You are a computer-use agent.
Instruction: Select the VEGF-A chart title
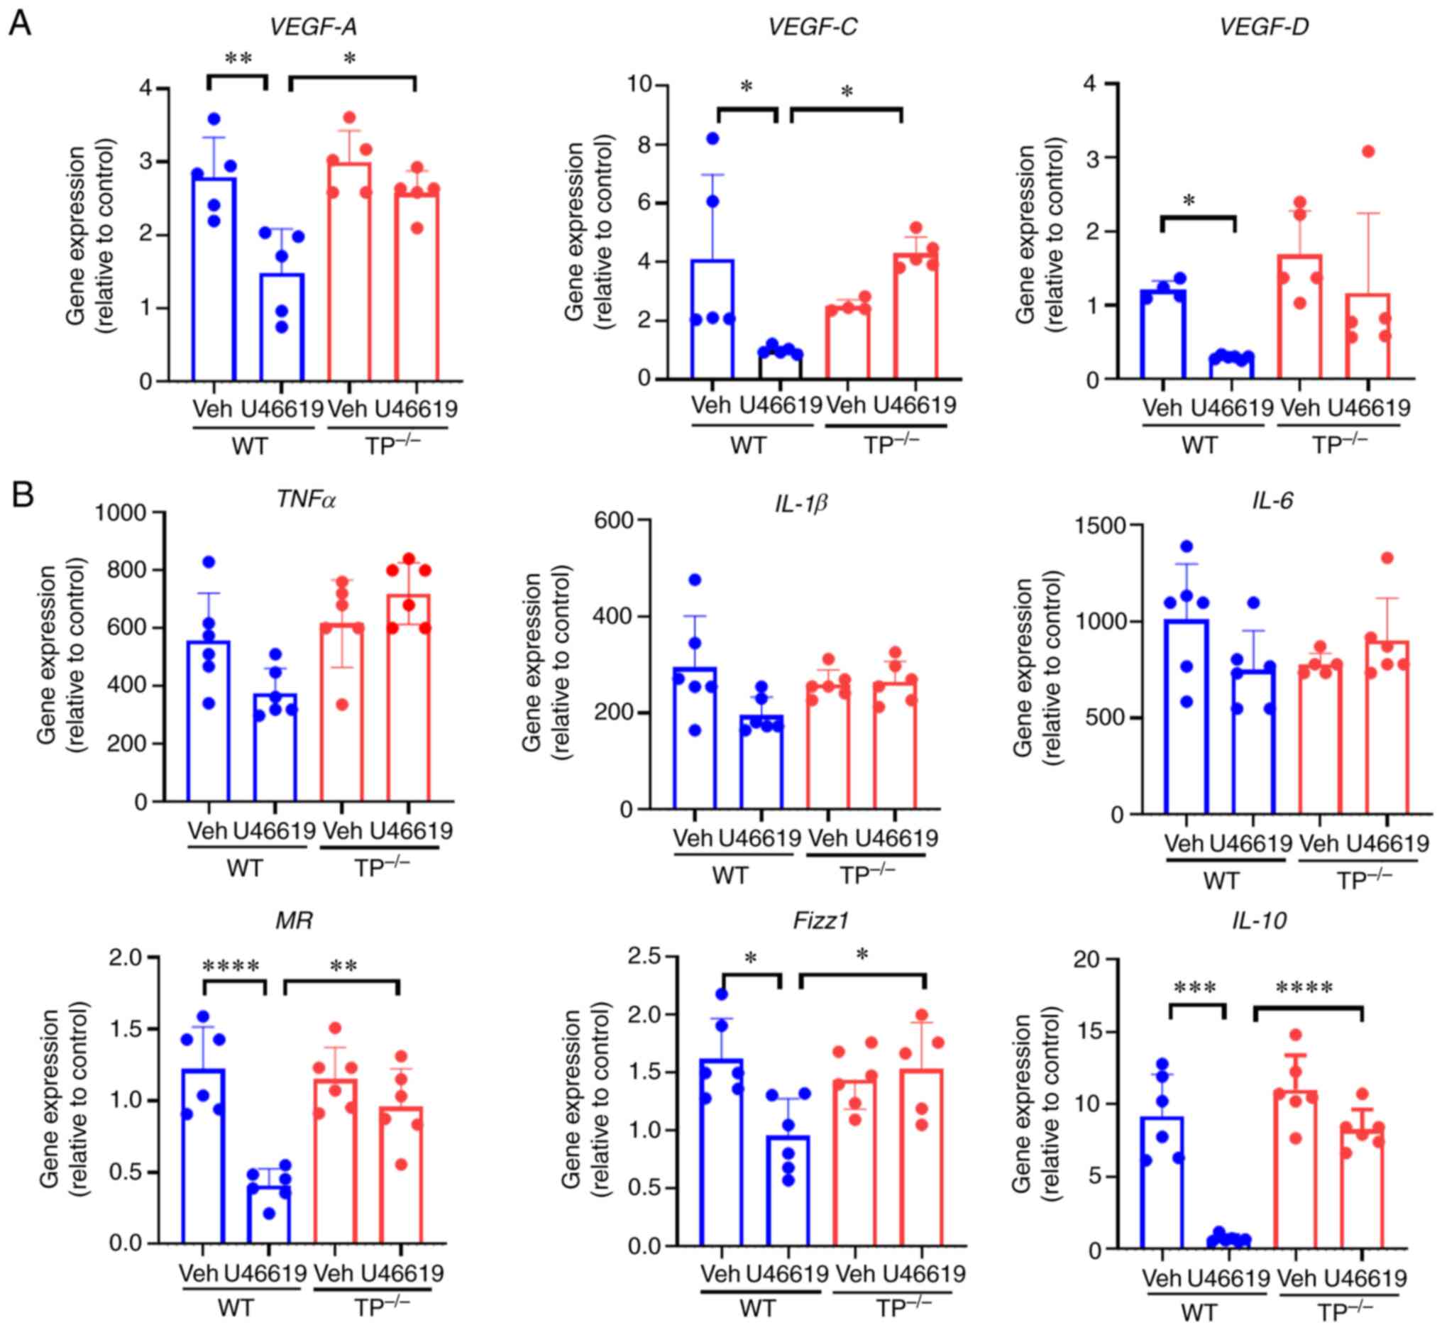[x=313, y=27]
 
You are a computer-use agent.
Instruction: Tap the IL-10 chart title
[x=1259, y=920]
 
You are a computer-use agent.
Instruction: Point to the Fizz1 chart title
[x=821, y=920]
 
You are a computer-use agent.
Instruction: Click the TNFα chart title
[x=307, y=499]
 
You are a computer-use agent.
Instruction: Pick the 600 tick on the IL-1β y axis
[x=618, y=520]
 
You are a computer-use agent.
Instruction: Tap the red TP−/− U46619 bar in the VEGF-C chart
[x=916, y=317]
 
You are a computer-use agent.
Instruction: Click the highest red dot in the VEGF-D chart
[x=1368, y=151]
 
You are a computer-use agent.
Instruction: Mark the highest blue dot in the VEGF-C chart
[x=713, y=138]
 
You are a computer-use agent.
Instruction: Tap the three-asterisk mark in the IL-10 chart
[x=1194, y=988]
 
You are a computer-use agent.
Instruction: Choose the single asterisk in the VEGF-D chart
[x=1189, y=201]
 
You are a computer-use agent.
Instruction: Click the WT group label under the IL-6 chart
[x=1221, y=881]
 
